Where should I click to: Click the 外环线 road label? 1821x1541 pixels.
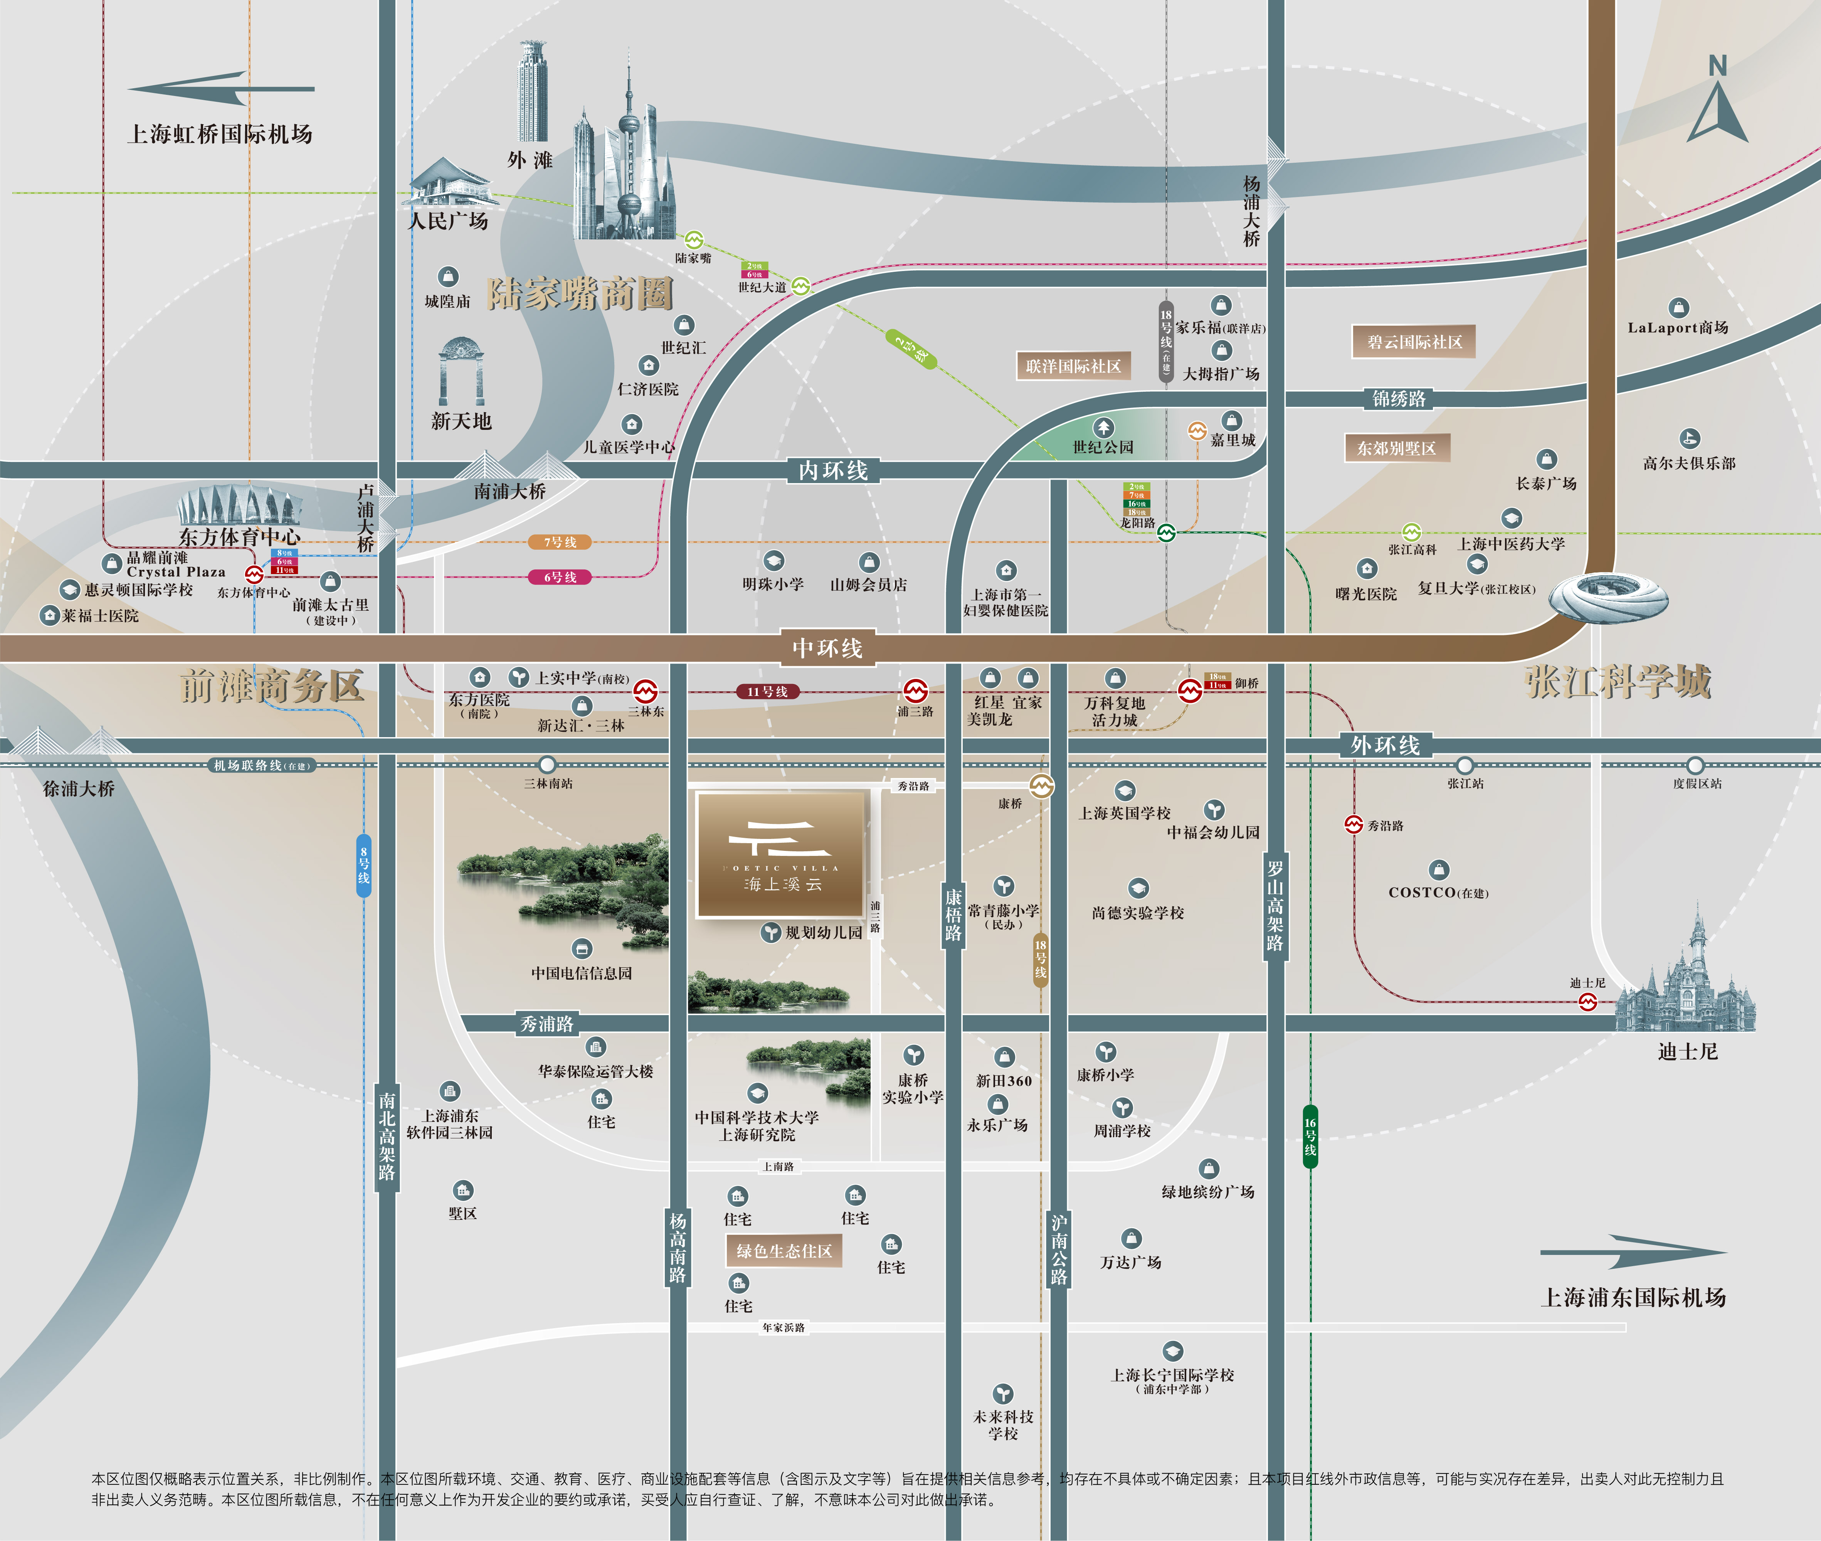(x=1385, y=745)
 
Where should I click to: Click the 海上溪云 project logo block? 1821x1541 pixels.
(x=782, y=854)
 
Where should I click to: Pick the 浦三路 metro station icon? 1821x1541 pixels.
(x=915, y=691)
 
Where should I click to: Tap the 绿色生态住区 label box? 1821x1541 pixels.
(x=784, y=1251)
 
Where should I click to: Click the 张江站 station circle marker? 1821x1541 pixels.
(x=1465, y=765)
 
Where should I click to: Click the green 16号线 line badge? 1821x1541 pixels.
(x=1310, y=1136)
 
